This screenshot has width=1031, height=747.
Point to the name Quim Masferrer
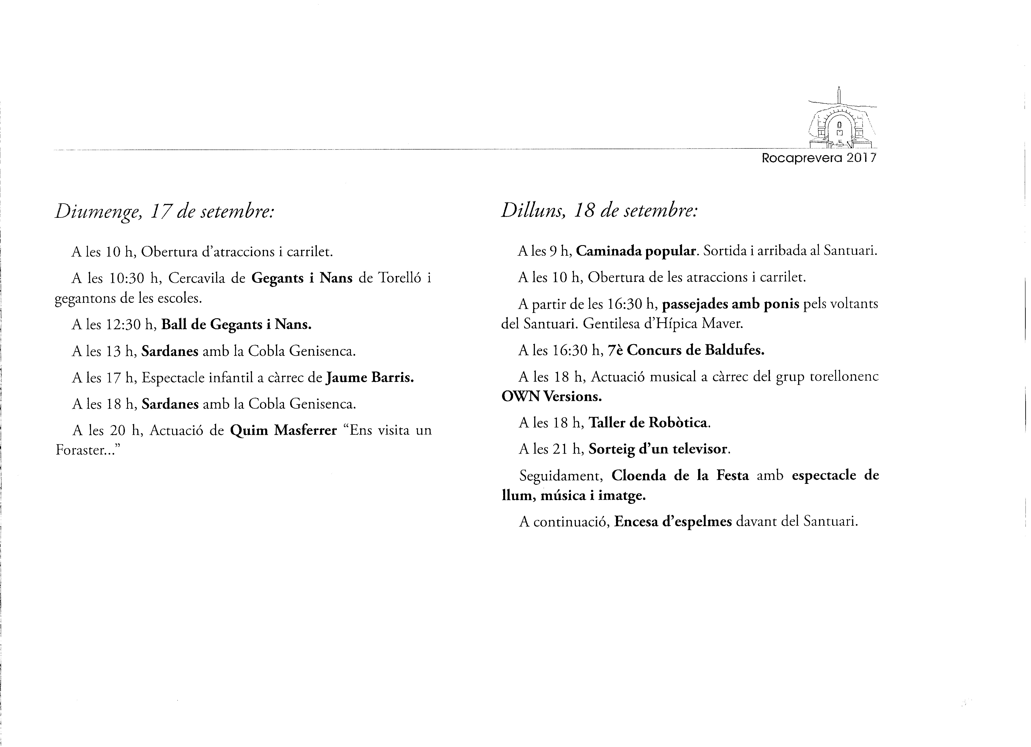[283, 430]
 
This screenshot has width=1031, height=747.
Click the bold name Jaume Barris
[370, 378]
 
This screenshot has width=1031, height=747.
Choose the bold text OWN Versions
[551, 397]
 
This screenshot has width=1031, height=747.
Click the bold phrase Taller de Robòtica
[649, 423]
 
